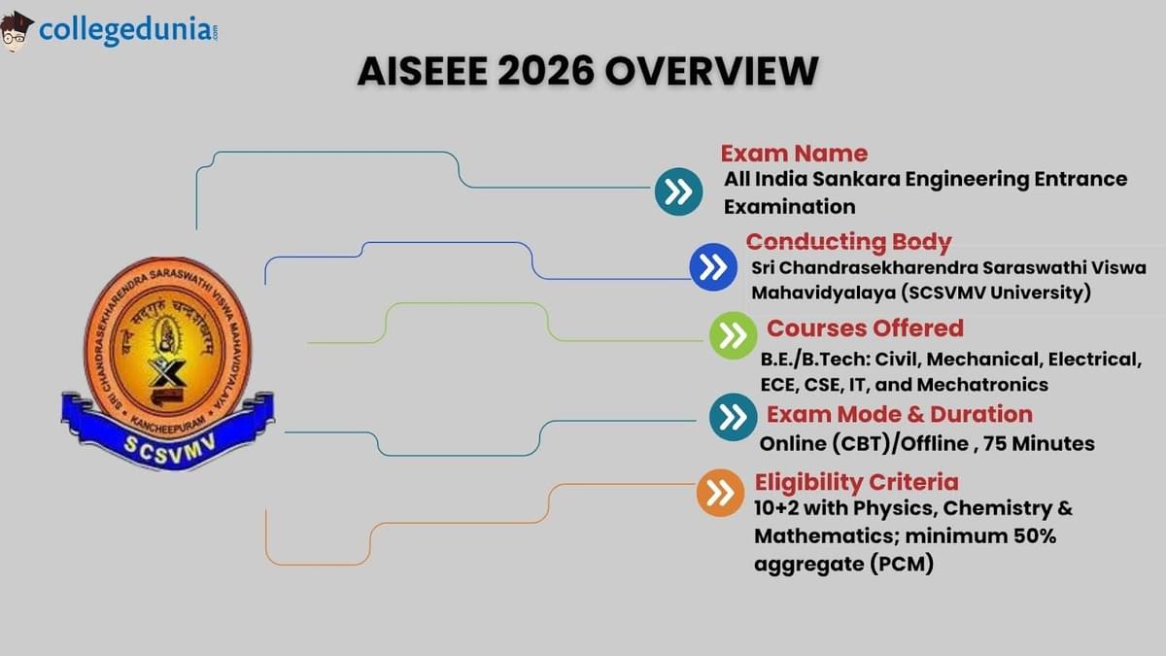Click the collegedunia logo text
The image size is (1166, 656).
124,31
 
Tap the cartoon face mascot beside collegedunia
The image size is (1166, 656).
17,32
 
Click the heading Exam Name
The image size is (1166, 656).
794,154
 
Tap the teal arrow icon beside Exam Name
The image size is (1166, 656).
678,191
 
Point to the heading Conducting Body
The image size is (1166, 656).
848,242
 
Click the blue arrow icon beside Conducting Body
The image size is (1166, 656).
714,267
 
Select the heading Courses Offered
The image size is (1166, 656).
865,328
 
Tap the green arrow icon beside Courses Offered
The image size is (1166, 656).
734,336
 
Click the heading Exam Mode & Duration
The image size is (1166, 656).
899,415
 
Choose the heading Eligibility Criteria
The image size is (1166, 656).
856,482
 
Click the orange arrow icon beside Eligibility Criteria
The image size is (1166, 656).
720,494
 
